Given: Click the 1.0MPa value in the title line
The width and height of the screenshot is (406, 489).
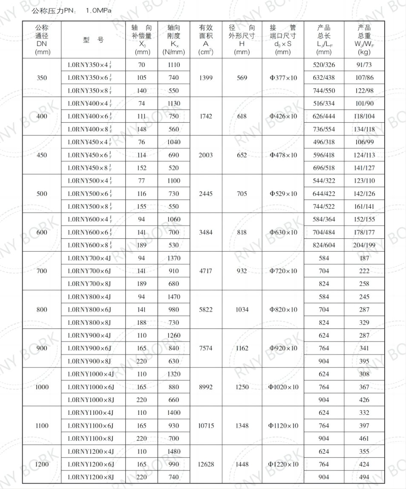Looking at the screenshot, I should point(99,10).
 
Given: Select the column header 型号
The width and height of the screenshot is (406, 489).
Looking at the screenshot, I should point(93,40).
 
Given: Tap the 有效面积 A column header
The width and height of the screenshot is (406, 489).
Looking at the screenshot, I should point(206,40).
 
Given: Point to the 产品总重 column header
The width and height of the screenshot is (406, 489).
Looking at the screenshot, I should point(364,40).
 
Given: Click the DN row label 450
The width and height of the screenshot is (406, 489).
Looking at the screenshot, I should point(42,155).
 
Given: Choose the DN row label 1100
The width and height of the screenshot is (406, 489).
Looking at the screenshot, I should point(42,425).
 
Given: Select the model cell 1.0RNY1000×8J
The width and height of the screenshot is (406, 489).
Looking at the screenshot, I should point(91,400).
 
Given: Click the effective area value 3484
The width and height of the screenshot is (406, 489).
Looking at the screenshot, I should point(206,232).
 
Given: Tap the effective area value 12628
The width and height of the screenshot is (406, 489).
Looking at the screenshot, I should point(206,464).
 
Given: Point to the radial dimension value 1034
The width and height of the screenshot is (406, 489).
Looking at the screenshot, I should point(242,310).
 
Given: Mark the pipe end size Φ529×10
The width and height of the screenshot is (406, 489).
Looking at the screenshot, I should point(283,194).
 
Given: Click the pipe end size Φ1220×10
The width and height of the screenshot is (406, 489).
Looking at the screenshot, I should point(283,464).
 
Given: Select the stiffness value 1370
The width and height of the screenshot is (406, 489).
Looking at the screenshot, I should point(174,258).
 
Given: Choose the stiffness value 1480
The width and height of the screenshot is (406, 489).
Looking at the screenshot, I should point(174,451).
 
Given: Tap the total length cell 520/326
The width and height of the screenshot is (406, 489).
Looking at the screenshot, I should point(324,65).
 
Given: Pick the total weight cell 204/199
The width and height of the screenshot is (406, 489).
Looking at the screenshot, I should point(364,245).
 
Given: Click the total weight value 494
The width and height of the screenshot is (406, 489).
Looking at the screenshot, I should point(364,477).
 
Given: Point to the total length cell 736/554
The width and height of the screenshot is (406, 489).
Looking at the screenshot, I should point(324,130).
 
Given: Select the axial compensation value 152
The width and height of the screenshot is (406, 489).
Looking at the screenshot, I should point(142,168).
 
